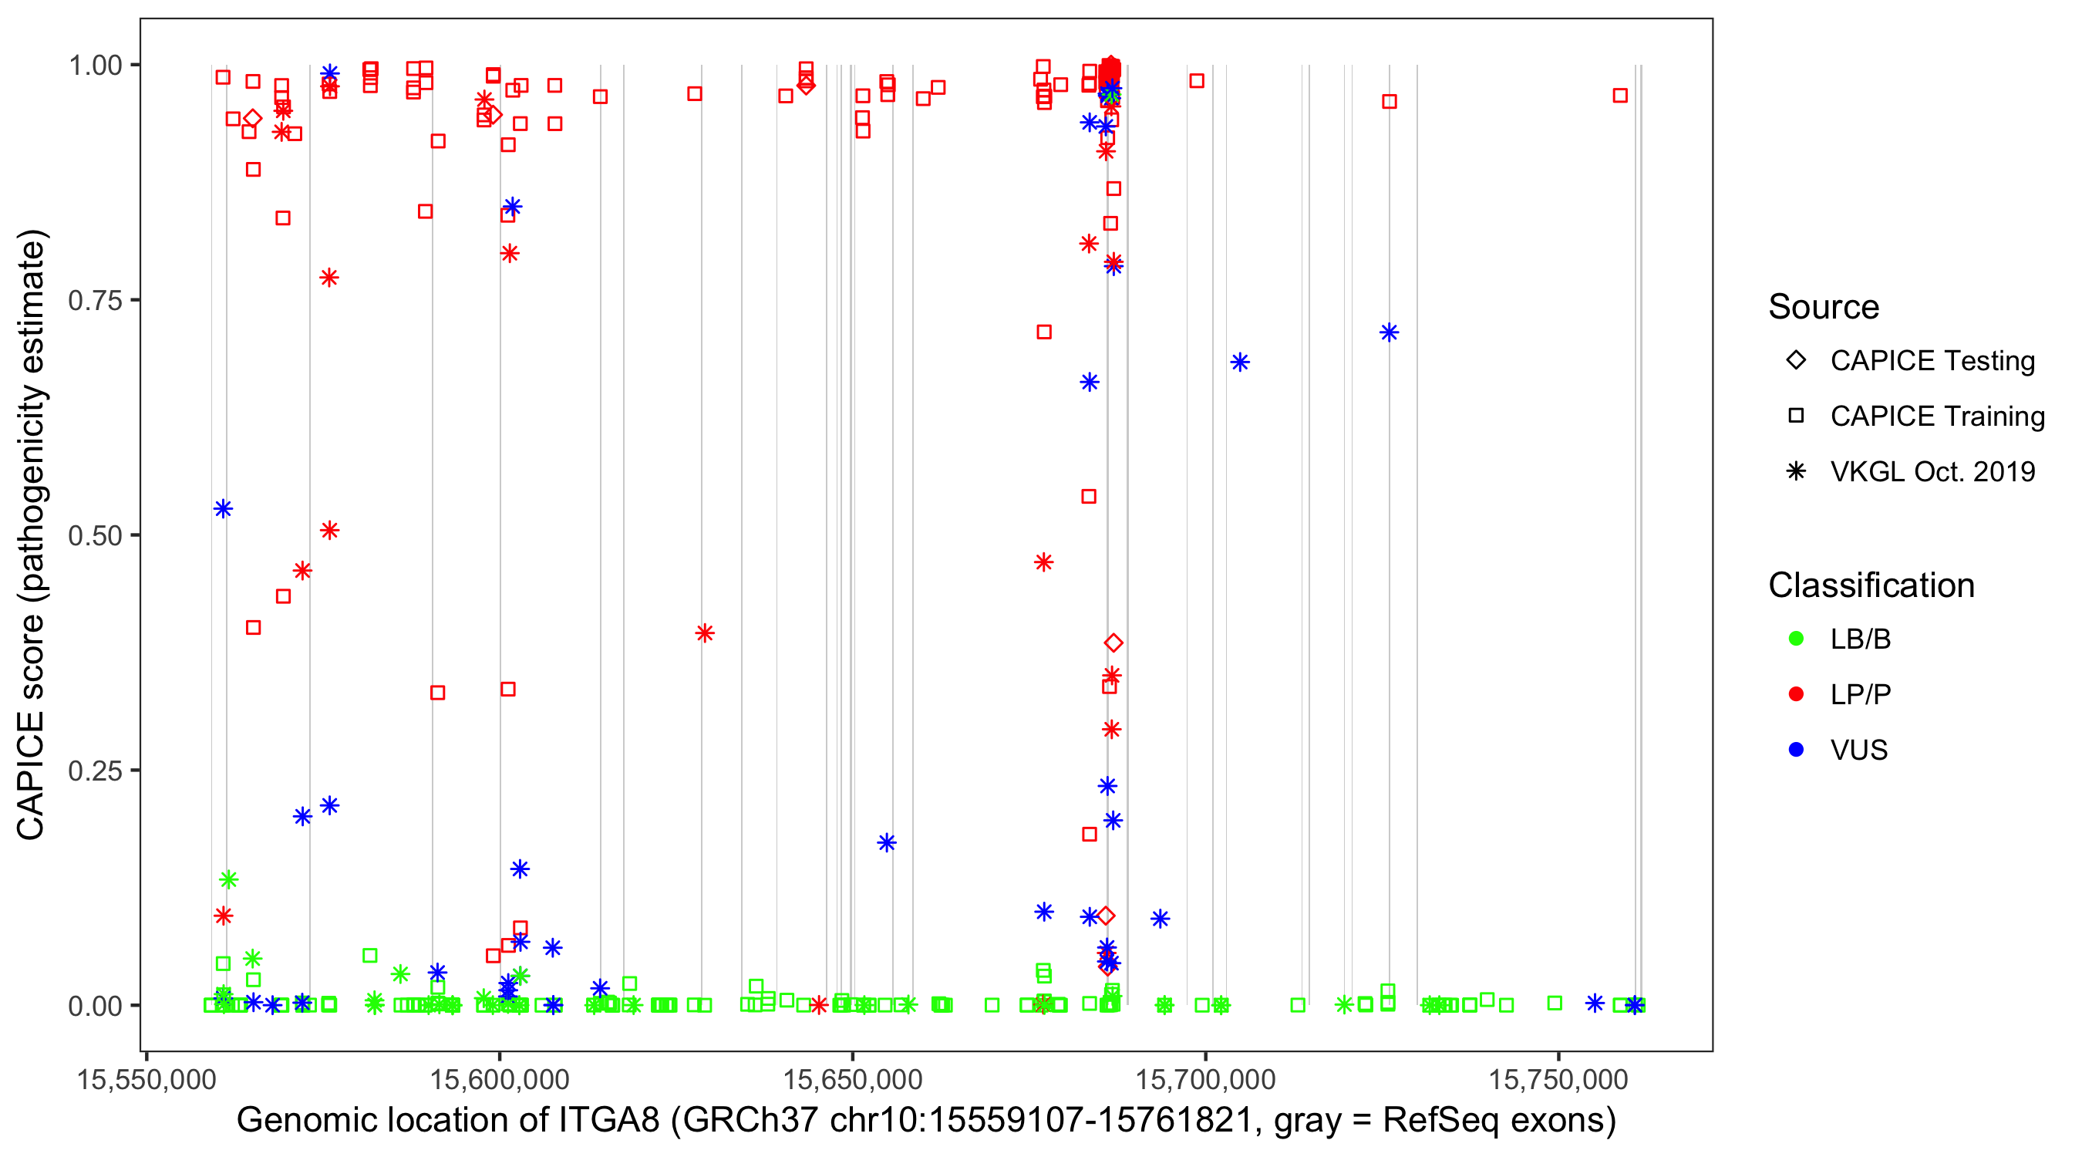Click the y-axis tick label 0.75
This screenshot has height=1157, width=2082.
pyautogui.click(x=94, y=301)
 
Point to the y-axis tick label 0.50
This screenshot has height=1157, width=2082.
pyautogui.click(x=94, y=536)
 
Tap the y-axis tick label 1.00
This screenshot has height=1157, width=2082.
pyautogui.click(x=94, y=66)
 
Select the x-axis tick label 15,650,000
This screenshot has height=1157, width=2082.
pyautogui.click(x=852, y=1079)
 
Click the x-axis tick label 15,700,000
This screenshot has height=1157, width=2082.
pyautogui.click(x=1205, y=1079)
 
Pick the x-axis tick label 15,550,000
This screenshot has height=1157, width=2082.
pyautogui.click(x=147, y=1079)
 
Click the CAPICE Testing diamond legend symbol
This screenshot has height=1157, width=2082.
pyautogui.click(x=1796, y=361)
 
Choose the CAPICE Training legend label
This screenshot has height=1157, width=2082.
pyautogui.click(x=1937, y=417)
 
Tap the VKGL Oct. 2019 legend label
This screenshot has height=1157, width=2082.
pyautogui.click(x=1932, y=471)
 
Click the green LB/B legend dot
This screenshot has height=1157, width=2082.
pyautogui.click(x=1796, y=639)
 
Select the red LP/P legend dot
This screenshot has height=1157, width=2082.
pyautogui.click(x=1796, y=694)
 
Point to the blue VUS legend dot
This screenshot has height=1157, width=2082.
pyautogui.click(x=1796, y=750)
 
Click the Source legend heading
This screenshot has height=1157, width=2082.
pyautogui.click(x=1824, y=307)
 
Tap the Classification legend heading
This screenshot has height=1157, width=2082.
pyautogui.click(x=1871, y=585)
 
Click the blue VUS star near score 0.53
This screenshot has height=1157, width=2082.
pyautogui.click(x=223, y=508)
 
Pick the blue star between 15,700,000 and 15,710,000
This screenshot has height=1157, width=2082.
pyautogui.click(x=1240, y=363)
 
